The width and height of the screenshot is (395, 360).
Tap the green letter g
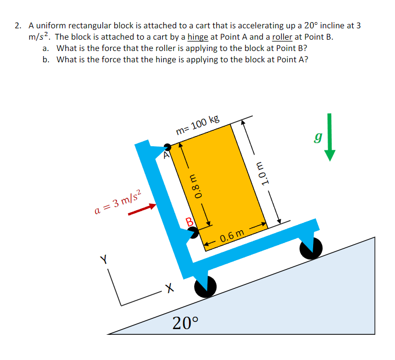point(318,138)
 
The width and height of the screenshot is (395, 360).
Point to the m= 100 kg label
point(197,125)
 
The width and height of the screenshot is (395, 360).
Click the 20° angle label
point(185,323)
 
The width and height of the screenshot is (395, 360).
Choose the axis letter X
point(166,286)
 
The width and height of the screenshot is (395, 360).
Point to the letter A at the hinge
point(166,154)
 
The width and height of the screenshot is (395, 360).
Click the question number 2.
point(18,25)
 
